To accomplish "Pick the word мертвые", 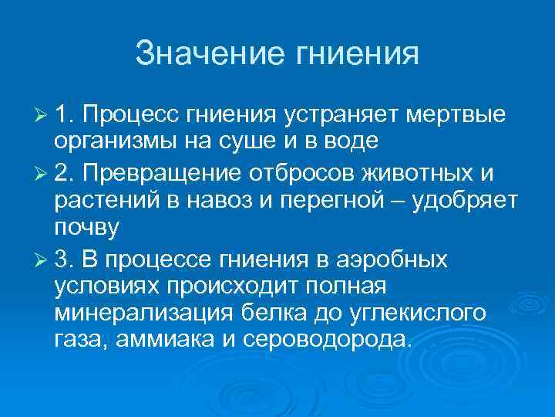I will [455, 116].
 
